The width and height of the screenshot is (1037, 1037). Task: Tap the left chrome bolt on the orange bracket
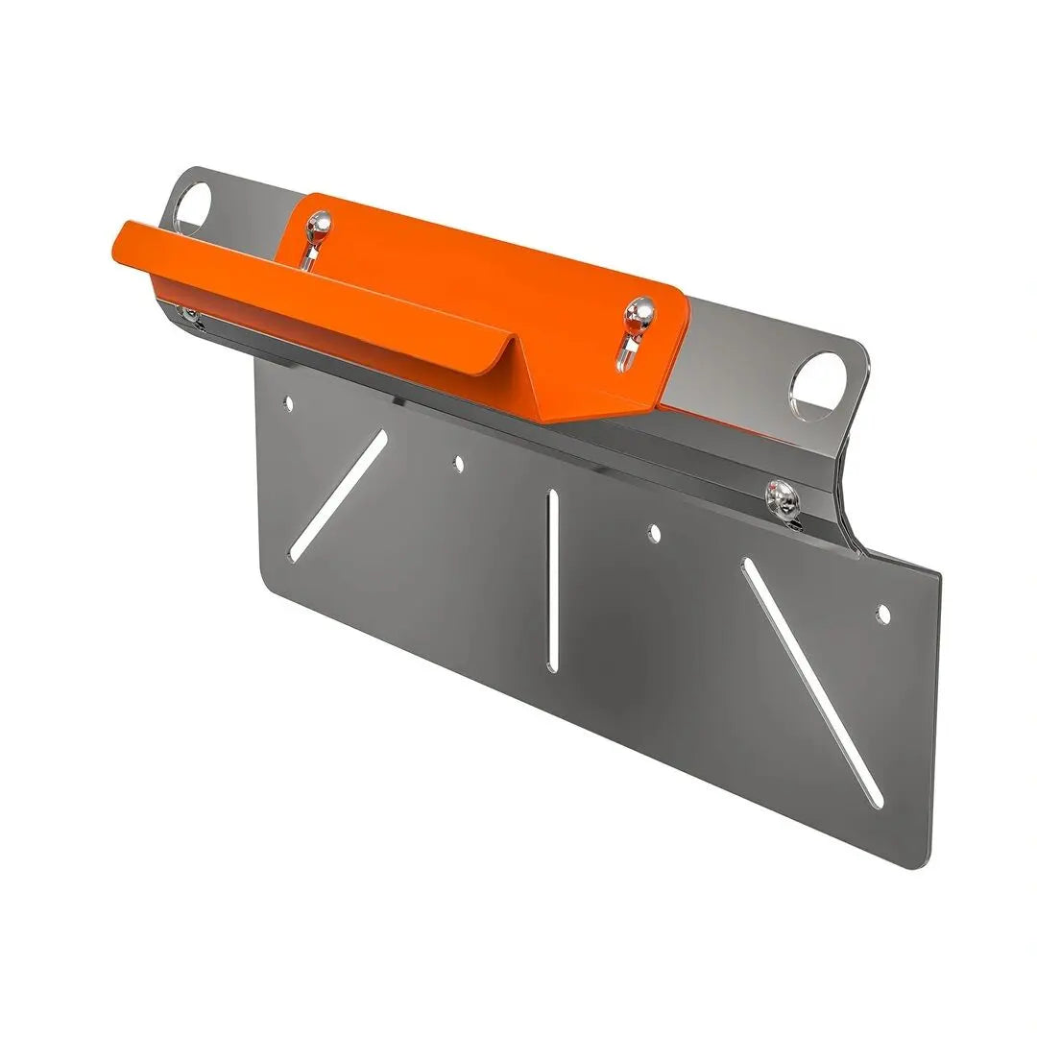[x=319, y=229]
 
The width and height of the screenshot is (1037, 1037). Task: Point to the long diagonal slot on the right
[x=812, y=682]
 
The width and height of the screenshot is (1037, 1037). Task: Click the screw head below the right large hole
[x=784, y=498]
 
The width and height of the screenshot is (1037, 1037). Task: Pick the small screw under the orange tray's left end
[x=191, y=316]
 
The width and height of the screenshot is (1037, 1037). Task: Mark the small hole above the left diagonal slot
[x=289, y=404]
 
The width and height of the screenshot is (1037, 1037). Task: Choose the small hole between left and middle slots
[x=458, y=464]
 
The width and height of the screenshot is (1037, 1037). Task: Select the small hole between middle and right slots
[x=654, y=532]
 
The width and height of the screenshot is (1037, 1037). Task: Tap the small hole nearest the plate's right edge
[x=883, y=613]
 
